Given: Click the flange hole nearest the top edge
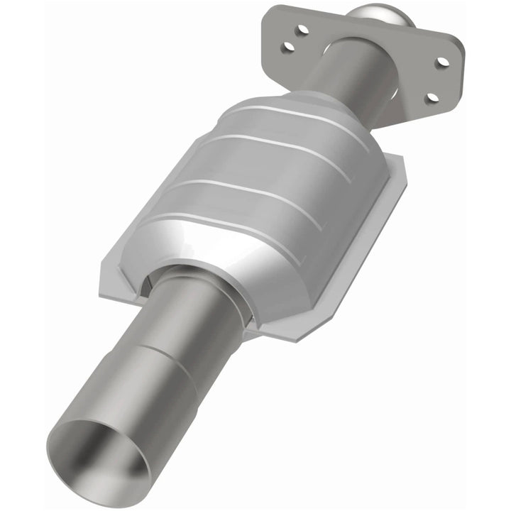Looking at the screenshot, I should click(303, 29).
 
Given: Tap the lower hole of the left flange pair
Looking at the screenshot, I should click(289, 47).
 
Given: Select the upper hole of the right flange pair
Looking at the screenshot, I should click(442, 62).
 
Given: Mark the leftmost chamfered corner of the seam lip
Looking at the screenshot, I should click(104, 263).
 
